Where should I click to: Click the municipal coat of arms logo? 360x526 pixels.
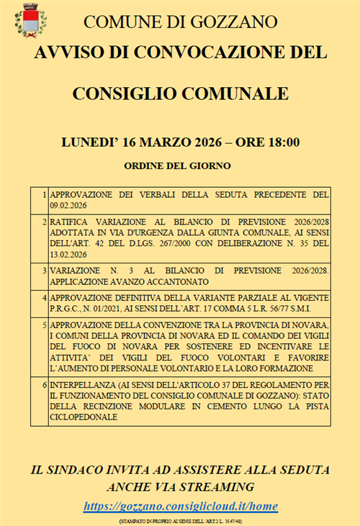(x=30, y=20)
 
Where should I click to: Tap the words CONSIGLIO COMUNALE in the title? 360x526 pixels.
(x=180, y=94)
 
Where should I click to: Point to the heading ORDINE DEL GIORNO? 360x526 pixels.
(x=178, y=166)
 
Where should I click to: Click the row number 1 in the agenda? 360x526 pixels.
(x=45, y=195)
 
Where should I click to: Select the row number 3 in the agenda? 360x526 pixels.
(x=45, y=270)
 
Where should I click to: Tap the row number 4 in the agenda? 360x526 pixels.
(x=45, y=297)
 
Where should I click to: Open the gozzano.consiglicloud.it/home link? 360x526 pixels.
(x=180, y=507)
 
